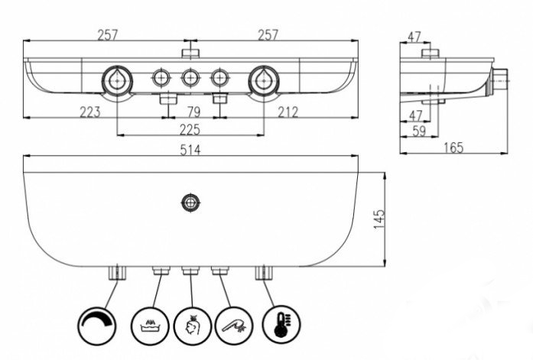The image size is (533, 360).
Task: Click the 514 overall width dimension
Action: click(x=190, y=151)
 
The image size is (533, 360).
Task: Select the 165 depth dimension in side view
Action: click(x=453, y=148)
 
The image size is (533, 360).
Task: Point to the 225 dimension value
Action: click(x=190, y=128)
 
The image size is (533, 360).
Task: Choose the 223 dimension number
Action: click(x=90, y=112)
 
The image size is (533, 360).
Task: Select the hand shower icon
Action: click(x=232, y=325)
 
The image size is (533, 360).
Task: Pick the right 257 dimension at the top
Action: click(x=268, y=34)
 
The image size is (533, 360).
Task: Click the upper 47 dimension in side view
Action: click(x=414, y=36)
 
